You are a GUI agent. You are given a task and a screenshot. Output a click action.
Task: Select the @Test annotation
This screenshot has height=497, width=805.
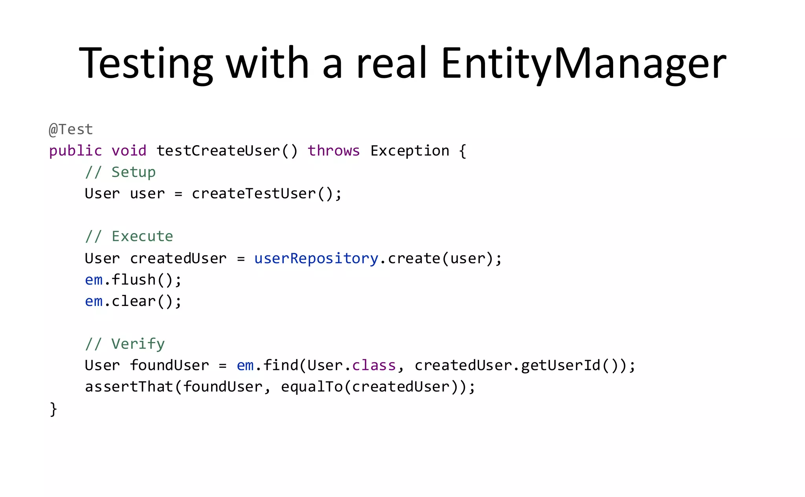[x=71, y=129]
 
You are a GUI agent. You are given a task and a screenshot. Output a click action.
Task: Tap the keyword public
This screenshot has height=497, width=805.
[x=75, y=151]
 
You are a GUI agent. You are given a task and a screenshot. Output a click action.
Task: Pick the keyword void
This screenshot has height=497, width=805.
[x=129, y=151]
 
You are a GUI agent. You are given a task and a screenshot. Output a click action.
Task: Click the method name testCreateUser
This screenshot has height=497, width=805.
[x=218, y=151]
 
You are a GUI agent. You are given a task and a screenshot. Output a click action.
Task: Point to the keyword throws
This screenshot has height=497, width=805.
[x=333, y=151]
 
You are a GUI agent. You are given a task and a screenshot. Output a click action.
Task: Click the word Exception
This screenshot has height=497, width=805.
[x=410, y=151]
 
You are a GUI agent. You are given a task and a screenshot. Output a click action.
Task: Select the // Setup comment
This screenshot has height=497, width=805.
[x=120, y=172]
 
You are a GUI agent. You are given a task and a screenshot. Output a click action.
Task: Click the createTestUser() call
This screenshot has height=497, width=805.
[x=266, y=194]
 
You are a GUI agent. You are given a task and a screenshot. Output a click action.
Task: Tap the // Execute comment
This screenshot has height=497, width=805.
[x=129, y=236]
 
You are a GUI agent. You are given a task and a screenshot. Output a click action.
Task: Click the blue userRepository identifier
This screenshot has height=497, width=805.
[x=316, y=258]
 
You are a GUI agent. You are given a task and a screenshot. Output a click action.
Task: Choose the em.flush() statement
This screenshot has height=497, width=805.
[x=133, y=280]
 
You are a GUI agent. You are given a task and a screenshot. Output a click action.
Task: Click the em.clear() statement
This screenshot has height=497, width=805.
[x=133, y=302]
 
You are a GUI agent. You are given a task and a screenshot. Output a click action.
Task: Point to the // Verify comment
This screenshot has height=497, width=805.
[x=125, y=344]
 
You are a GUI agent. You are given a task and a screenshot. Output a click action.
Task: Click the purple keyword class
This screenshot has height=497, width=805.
[x=374, y=366]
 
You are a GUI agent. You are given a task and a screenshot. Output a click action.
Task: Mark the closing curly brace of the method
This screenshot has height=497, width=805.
[x=53, y=409]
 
